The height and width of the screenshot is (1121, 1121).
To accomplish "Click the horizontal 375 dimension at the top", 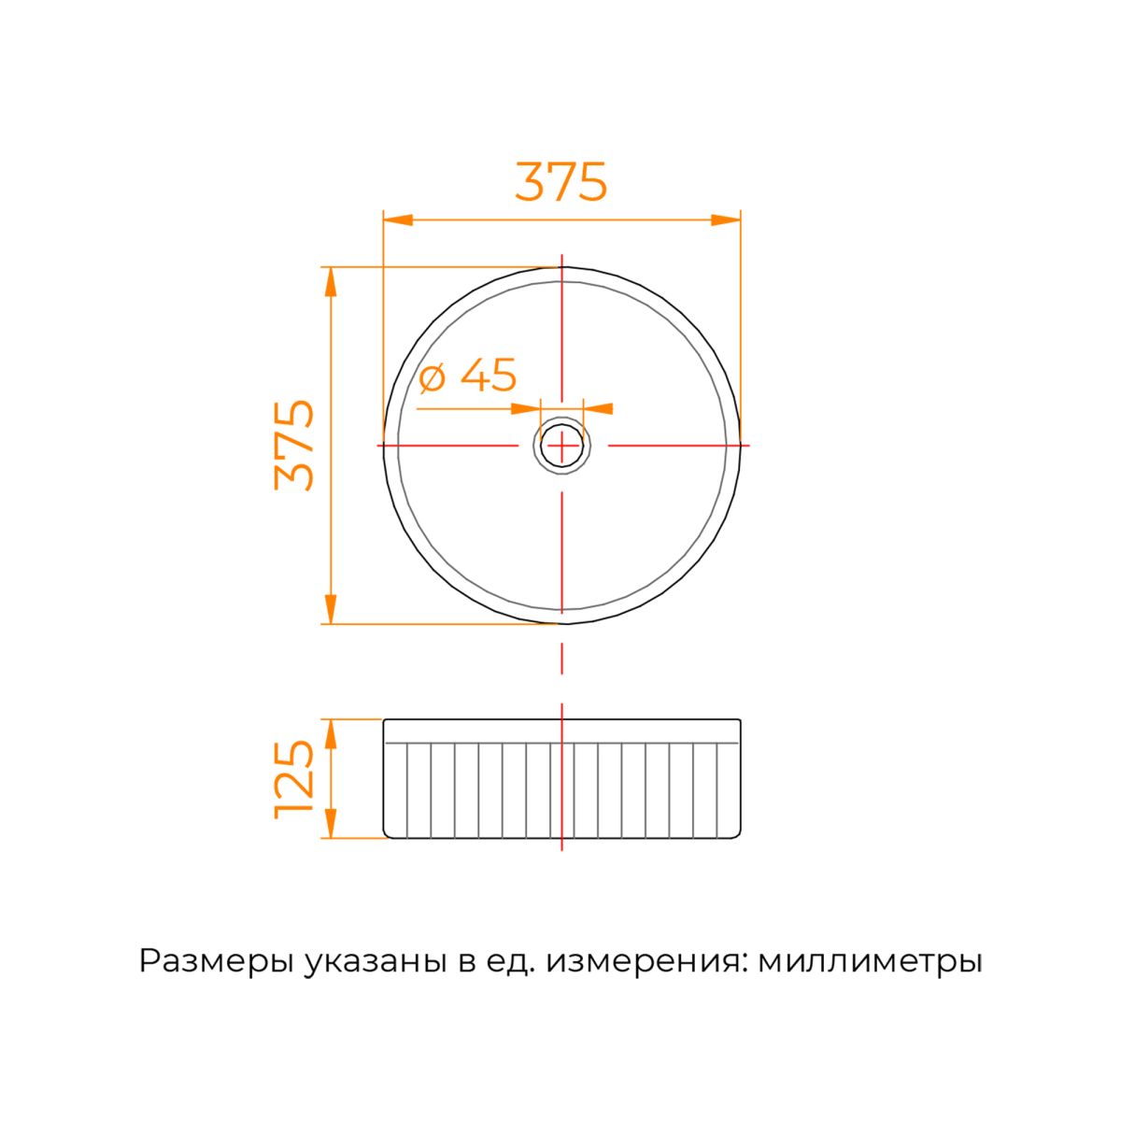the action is (x=560, y=181).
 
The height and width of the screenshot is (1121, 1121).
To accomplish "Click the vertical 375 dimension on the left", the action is (x=293, y=445).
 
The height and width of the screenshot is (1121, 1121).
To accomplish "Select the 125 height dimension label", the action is (x=293, y=779).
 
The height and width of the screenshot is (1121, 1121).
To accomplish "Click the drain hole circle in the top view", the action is (x=561, y=447).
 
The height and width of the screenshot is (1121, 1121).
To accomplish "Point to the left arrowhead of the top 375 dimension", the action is (x=398, y=220).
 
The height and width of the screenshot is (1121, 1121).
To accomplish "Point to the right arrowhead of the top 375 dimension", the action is (x=726, y=220).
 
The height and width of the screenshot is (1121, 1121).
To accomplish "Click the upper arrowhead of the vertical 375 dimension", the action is (x=331, y=281).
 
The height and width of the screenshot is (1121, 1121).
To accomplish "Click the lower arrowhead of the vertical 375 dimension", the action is (x=331, y=609).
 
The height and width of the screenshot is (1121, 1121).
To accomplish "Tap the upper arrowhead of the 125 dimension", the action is (x=331, y=733).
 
